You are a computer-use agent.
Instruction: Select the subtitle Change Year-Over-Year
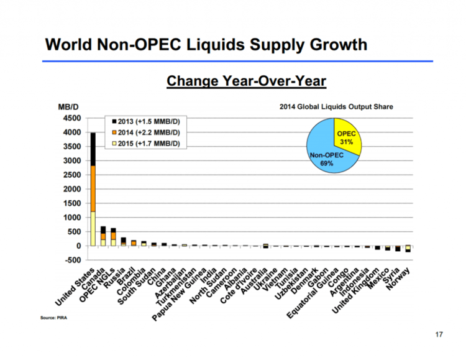(247, 81)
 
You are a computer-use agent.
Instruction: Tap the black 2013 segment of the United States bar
(93, 149)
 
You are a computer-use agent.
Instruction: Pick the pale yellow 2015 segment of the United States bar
(93, 229)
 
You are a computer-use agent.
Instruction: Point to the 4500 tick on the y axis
(70, 118)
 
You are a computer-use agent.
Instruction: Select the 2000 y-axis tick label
(70, 189)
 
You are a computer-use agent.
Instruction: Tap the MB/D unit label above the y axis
(68, 108)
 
